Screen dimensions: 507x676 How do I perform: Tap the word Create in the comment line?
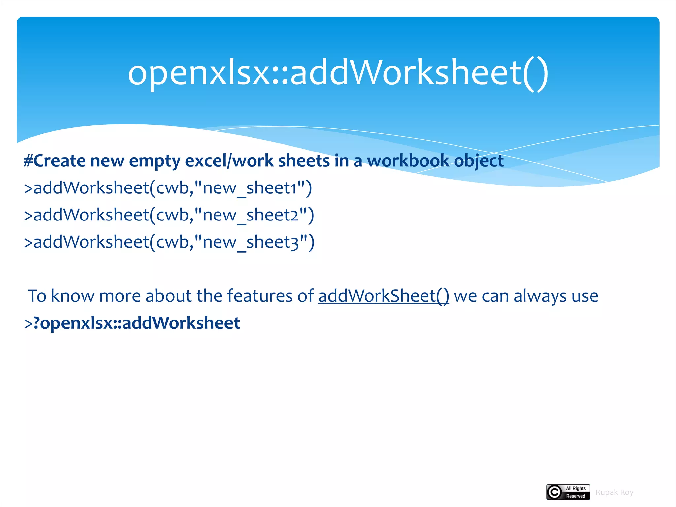point(59,161)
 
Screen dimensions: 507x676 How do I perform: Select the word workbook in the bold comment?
point(408,161)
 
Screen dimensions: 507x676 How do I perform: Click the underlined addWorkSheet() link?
point(384,296)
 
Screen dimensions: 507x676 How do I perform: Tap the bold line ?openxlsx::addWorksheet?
point(132,323)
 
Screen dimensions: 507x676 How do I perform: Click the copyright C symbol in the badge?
point(555,492)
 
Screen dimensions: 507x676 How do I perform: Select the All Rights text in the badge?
point(576,488)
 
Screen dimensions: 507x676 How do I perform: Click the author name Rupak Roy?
point(614,492)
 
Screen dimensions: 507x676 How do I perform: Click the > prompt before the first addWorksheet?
point(28,188)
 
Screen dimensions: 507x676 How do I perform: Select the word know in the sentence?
point(72,296)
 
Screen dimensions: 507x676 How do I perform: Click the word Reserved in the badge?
point(576,496)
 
